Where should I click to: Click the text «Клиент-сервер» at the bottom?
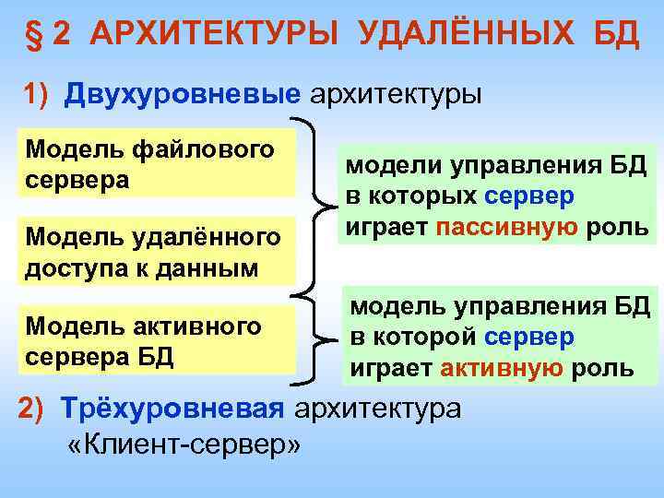click(184, 445)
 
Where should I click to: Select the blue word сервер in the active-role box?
click(535, 338)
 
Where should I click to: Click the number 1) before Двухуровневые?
click(40, 95)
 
